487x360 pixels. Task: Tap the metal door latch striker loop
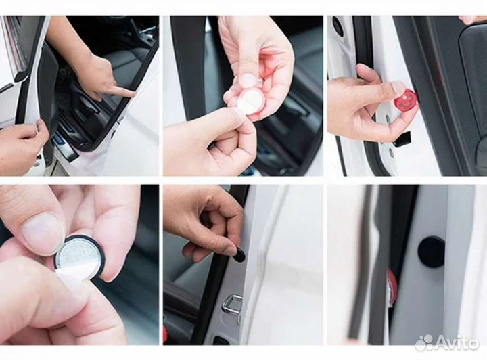[x=232, y=303]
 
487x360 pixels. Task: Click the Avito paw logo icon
[x=424, y=343]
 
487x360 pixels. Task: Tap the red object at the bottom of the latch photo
[x=166, y=335]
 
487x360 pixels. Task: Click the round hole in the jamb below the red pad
[x=388, y=118]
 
